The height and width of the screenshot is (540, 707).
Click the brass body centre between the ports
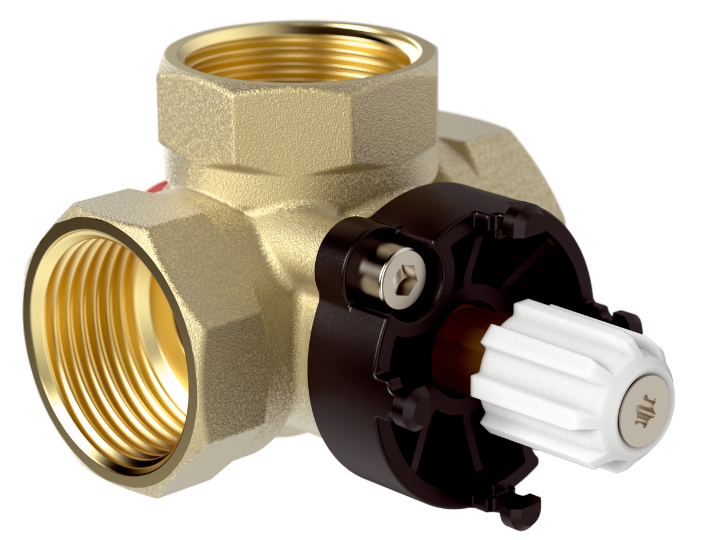pyautogui.click(x=283, y=236)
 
